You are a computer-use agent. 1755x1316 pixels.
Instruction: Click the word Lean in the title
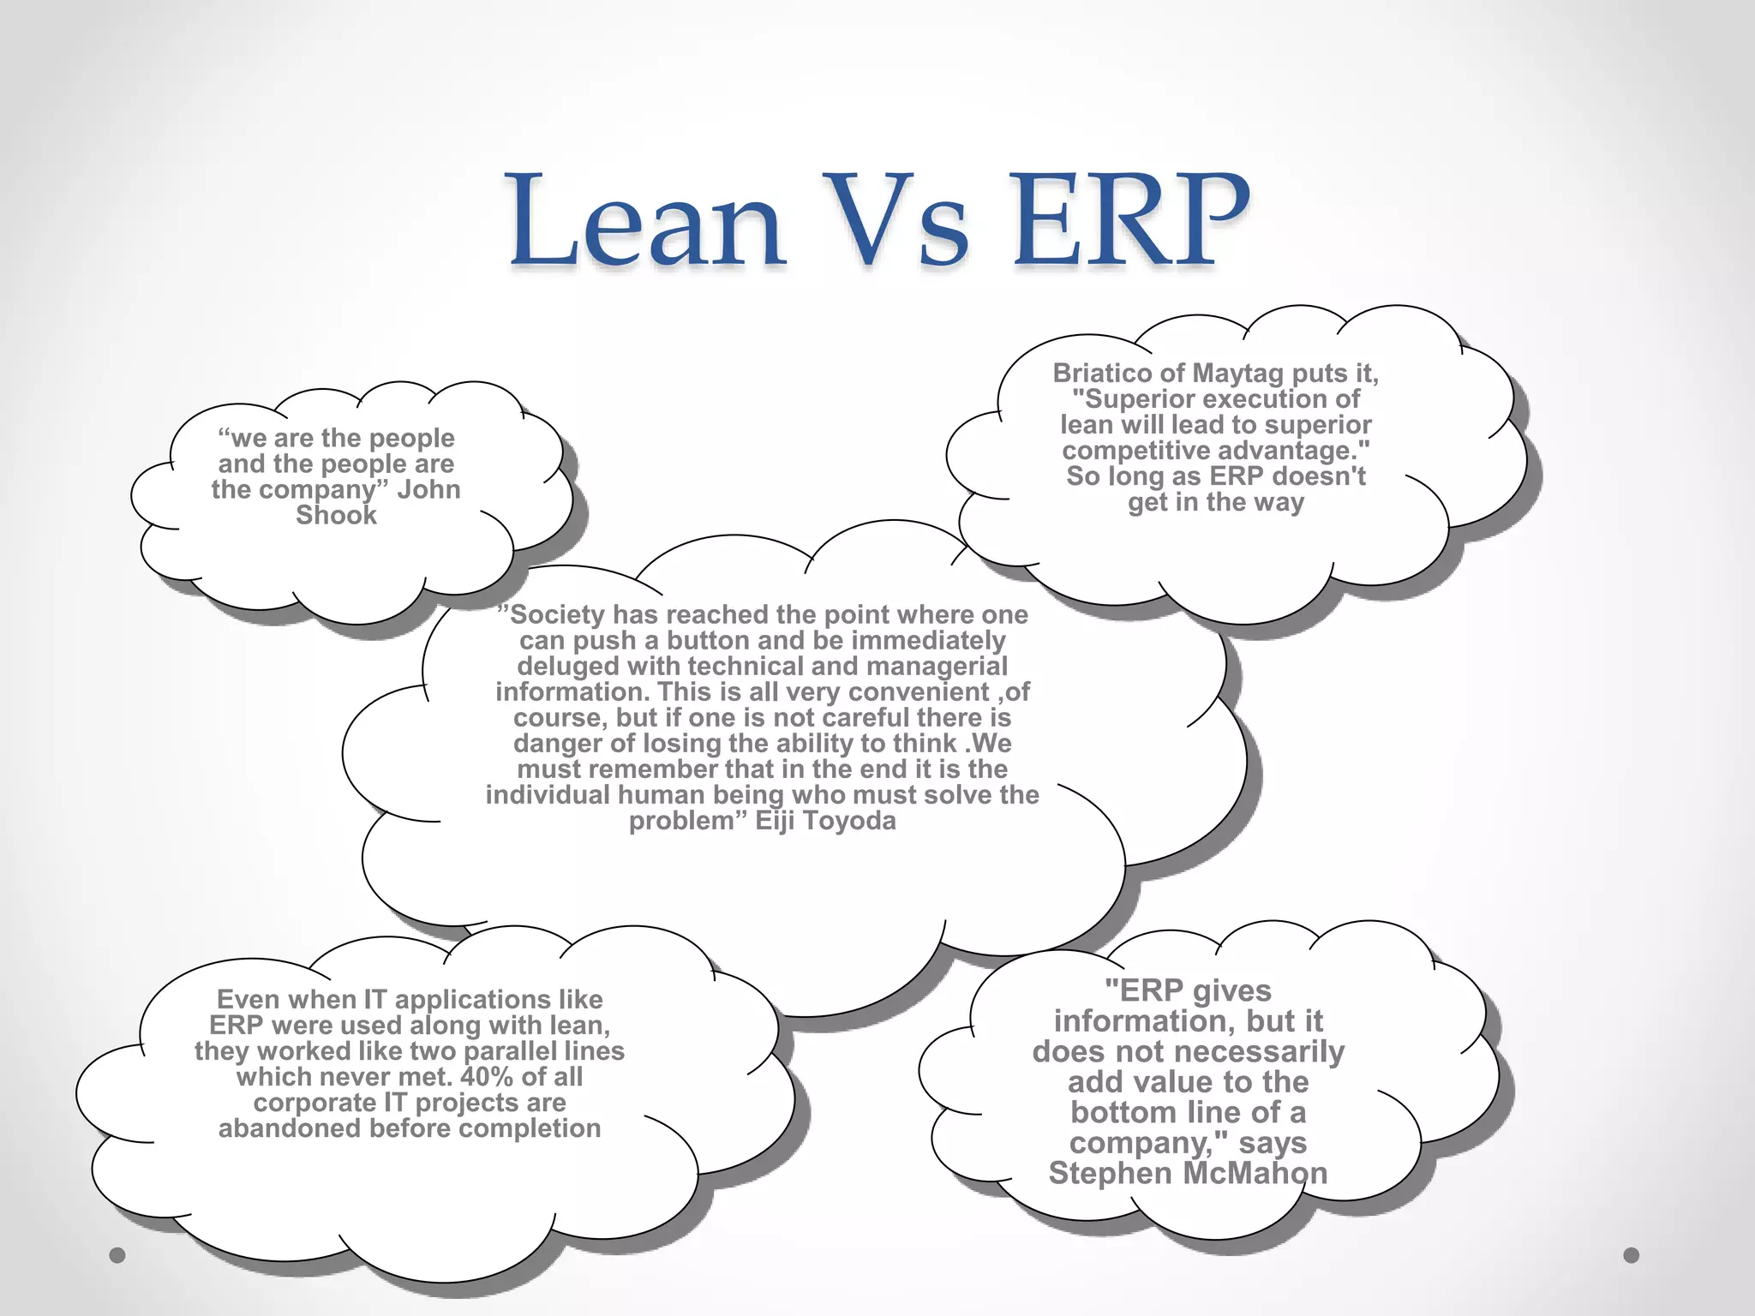click(x=647, y=220)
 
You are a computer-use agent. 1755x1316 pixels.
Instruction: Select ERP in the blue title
click(x=1129, y=220)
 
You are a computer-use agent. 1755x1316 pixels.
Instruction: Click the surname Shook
click(x=336, y=515)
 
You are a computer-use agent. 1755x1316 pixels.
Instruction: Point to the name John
click(x=428, y=489)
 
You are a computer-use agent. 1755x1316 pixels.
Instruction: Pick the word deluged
click(x=568, y=667)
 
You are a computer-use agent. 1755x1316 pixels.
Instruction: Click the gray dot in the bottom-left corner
click(x=117, y=1255)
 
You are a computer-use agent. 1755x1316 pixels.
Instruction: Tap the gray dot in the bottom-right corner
click(x=1632, y=1255)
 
